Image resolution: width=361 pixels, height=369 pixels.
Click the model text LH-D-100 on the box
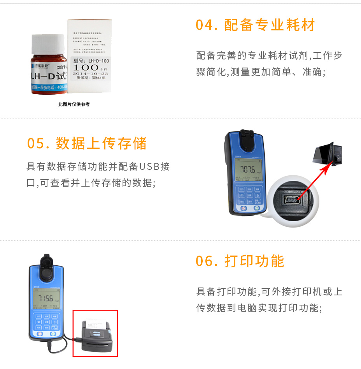coord(91,61)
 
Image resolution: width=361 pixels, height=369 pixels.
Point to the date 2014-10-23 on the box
coord(90,73)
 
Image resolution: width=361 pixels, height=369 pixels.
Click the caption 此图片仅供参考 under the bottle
coord(74,104)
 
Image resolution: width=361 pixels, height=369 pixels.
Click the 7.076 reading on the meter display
coord(247,169)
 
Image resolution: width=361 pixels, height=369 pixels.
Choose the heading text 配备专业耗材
coord(270,25)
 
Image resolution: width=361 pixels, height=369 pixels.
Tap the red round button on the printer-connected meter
coord(40,334)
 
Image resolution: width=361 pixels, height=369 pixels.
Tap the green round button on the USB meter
coord(257,208)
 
